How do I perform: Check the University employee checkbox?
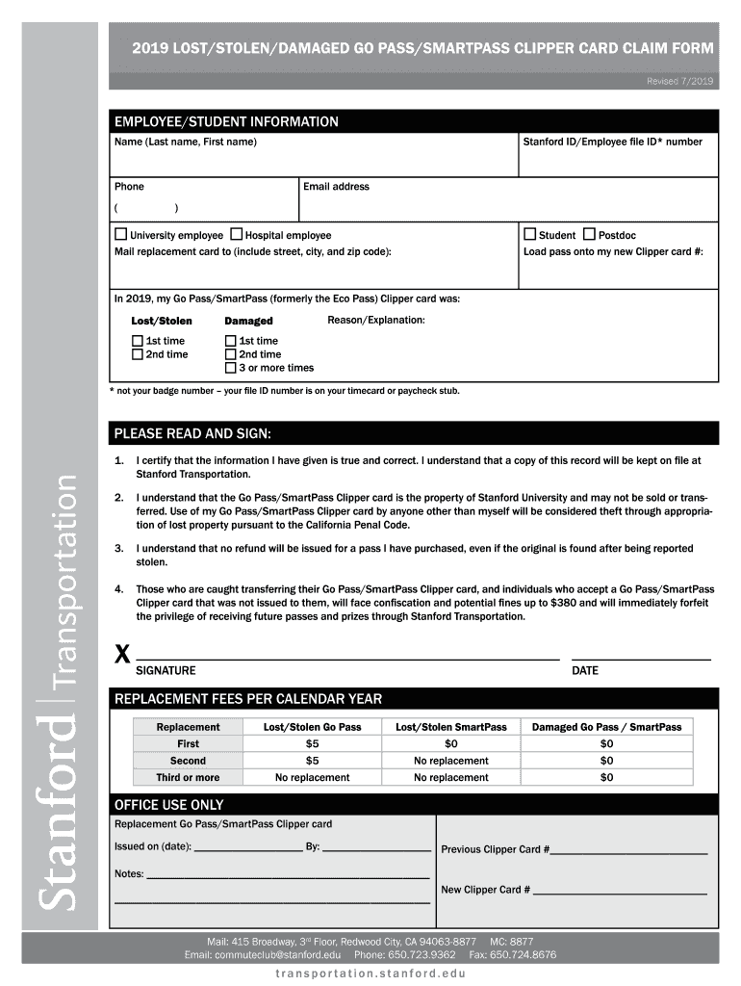coord(121,235)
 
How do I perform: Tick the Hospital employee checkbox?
coord(236,235)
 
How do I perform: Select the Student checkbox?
coord(529,235)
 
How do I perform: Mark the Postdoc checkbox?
coord(589,235)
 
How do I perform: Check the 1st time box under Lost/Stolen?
coord(138,341)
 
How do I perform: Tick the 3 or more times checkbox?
coord(231,368)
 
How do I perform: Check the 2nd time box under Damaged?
coord(231,354)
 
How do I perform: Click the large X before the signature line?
coord(122,656)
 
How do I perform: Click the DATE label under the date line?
coord(584,670)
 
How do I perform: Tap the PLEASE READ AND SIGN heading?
coord(192,432)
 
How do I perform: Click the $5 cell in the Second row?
coord(312,761)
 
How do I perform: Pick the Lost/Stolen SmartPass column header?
coord(450,727)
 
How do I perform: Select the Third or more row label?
coord(188,777)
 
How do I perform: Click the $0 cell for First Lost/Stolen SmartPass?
coord(450,744)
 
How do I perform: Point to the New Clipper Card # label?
coord(485,890)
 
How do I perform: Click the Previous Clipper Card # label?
coord(495,849)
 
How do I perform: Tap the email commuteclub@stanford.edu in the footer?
coord(279,955)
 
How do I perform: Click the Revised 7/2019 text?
coord(679,83)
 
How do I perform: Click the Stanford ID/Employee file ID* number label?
coord(612,143)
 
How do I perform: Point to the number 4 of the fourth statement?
coord(118,588)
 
